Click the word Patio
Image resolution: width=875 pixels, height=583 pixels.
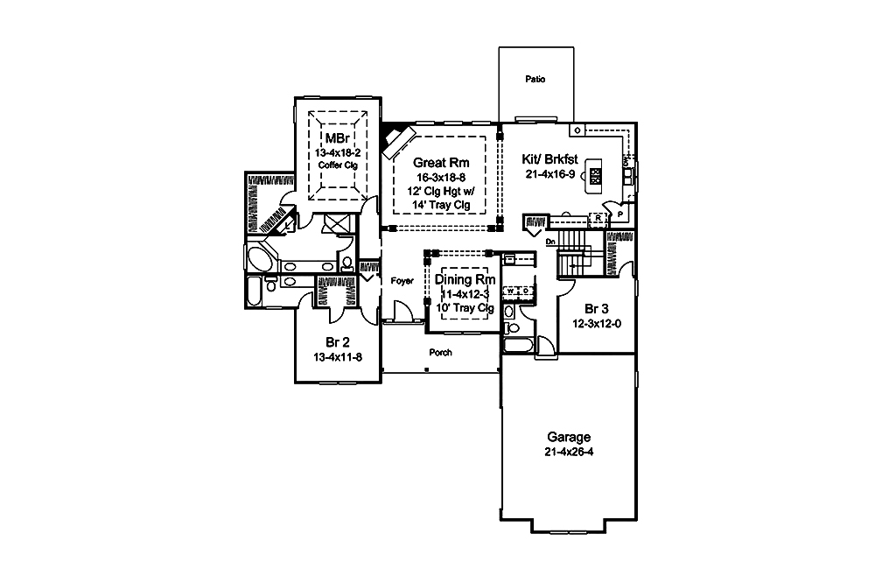click(535, 79)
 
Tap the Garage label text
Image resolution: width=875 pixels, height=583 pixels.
click(569, 437)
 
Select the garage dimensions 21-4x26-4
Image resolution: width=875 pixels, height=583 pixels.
click(569, 452)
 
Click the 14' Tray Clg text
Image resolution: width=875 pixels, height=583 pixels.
click(441, 205)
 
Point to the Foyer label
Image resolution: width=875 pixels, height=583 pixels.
click(402, 283)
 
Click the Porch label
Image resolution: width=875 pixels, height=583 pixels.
click(440, 354)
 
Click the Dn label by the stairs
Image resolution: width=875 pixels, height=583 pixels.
click(549, 241)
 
